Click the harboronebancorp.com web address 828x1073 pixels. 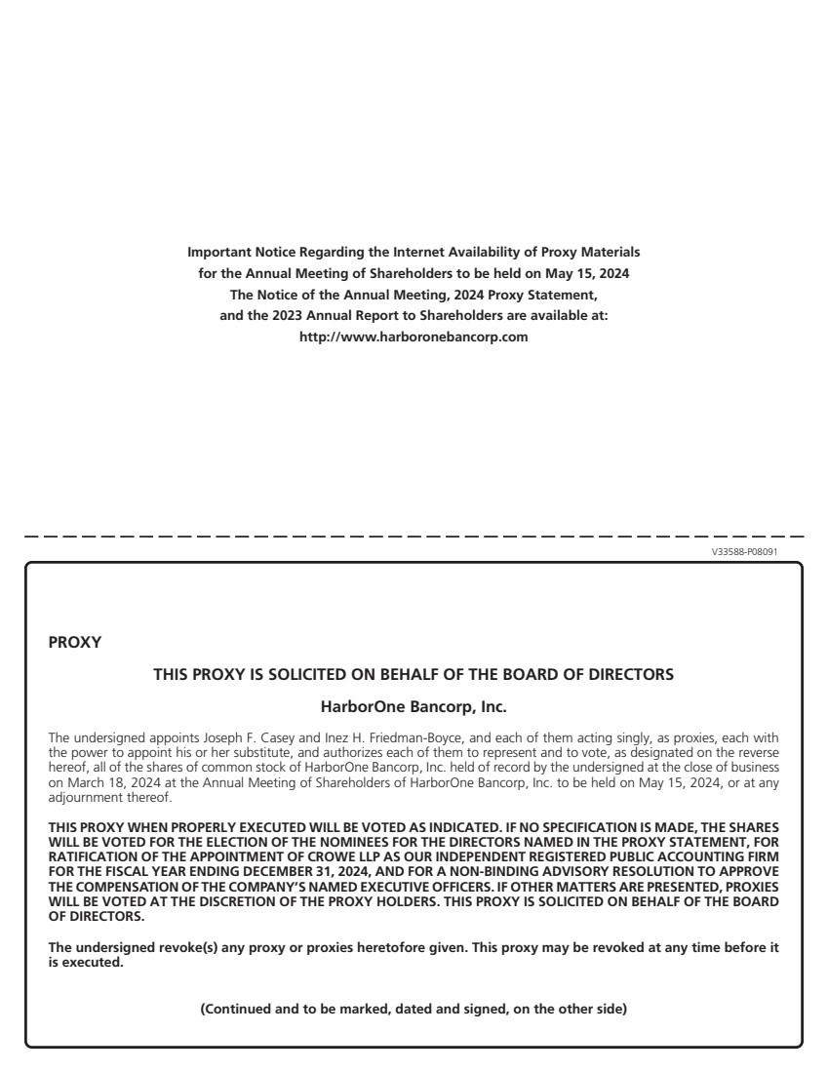pyautogui.click(x=414, y=338)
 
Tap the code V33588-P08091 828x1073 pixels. pyautogui.click(x=745, y=552)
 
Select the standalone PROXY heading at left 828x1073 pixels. pyautogui.click(x=67, y=643)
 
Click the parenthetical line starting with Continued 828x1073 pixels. pyautogui.click(x=414, y=1009)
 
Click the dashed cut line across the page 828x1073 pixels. pyautogui.click(x=414, y=536)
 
